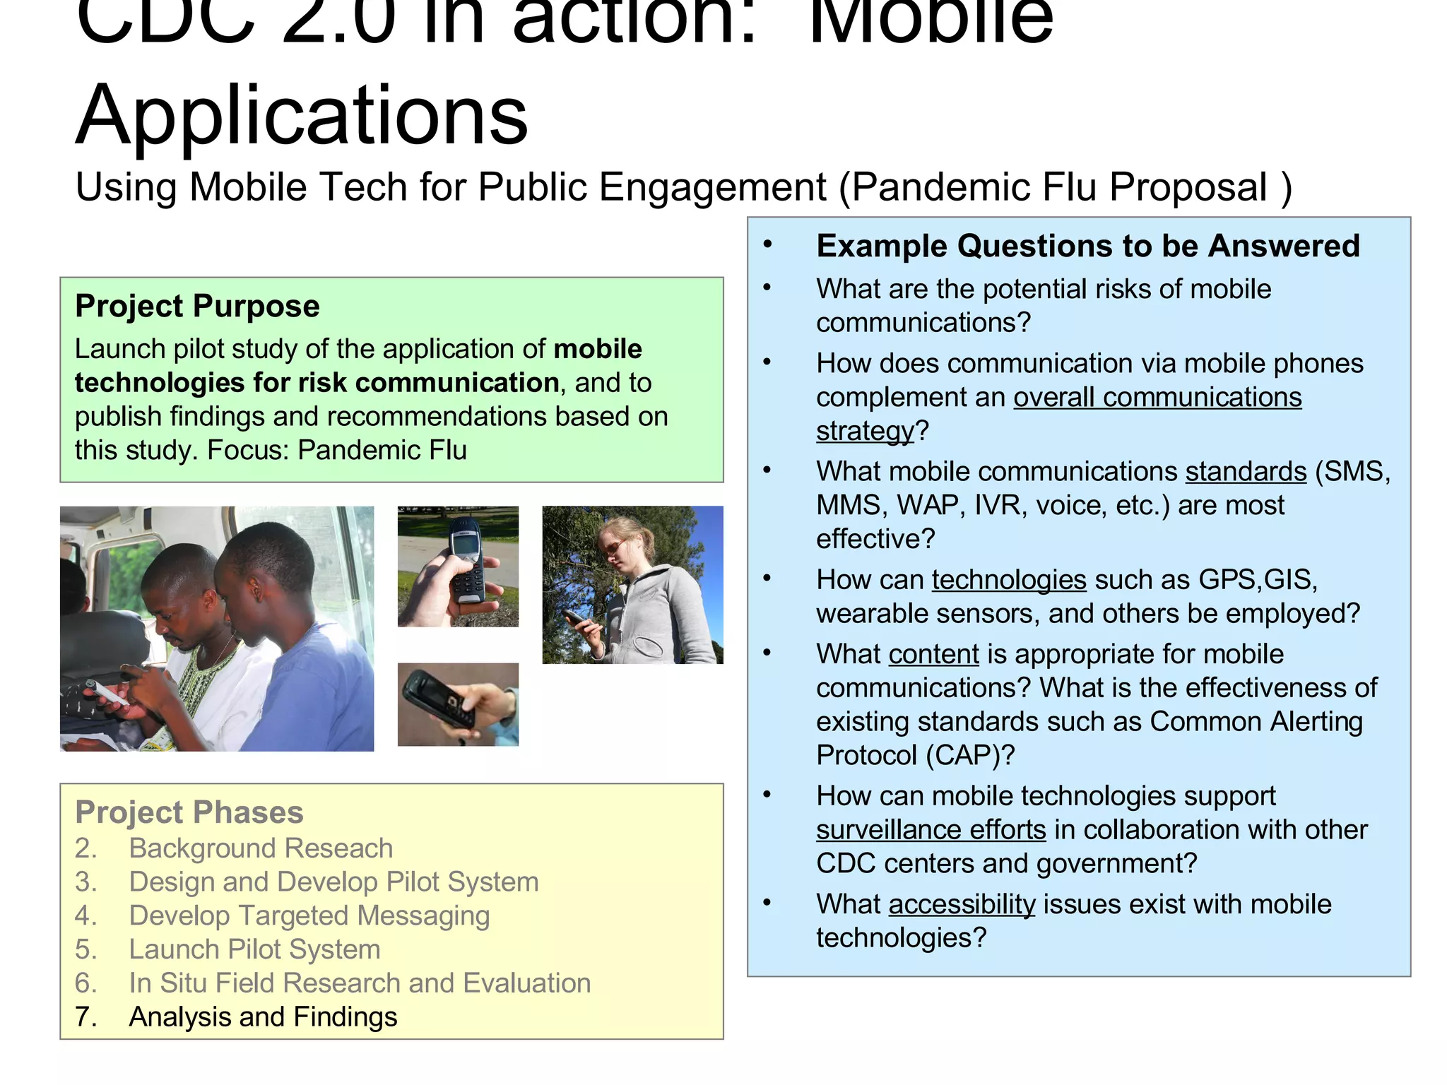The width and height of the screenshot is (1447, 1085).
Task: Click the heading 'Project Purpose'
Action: click(x=197, y=307)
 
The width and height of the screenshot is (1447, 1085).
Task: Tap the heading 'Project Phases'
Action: click(x=189, y=812)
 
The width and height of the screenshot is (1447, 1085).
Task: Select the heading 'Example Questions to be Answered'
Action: click(x=1087, y=246)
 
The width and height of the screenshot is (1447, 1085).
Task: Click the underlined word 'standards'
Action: click(x=1246, y=472)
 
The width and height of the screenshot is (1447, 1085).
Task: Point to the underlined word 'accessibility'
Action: click(x=962, y=904)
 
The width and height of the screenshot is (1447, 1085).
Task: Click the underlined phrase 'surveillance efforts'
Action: click(x=931, y=830)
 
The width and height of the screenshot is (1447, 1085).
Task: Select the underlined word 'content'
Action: click(x=933, y=654)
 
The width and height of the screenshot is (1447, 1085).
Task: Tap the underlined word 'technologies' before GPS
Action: click(x=1008, y=580)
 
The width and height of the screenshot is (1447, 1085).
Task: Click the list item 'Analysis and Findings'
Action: click(x=263, y=1017)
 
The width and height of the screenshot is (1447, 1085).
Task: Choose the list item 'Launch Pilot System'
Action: click(x=254, y=949)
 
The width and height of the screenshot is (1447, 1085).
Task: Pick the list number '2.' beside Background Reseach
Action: click(x=85, y=848)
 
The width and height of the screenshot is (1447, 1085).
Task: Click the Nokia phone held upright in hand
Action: click(x=466, y=565)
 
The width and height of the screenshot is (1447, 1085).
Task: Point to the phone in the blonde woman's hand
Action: click(x=578, y=619)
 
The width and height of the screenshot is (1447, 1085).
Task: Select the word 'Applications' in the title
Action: click(x=302, y=114)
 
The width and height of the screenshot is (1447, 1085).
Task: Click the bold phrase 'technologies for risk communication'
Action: click(x=317, y=383)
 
